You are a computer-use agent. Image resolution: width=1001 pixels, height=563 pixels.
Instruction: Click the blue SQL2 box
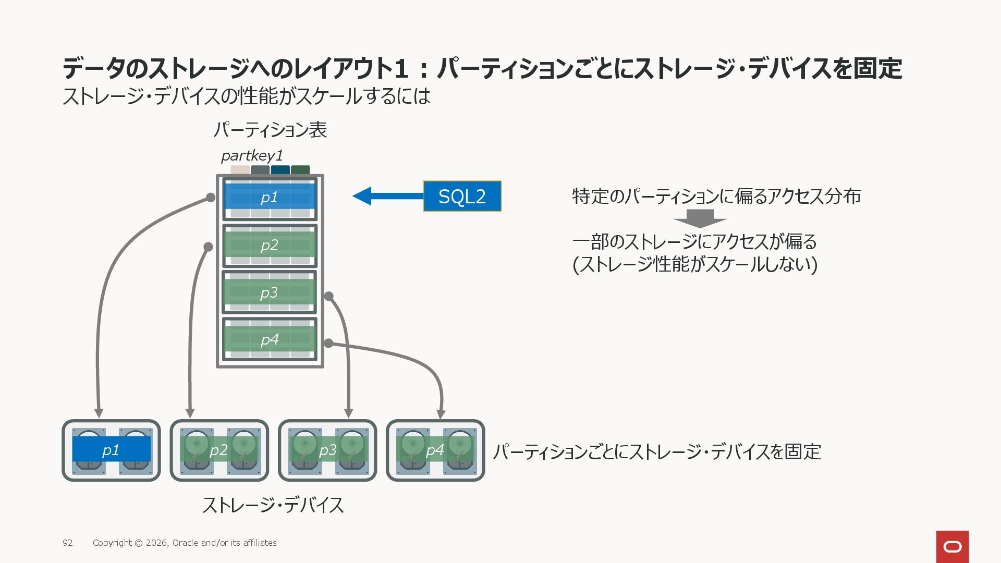(462, 196)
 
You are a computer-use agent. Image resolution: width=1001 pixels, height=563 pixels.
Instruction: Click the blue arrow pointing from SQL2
(388, 196)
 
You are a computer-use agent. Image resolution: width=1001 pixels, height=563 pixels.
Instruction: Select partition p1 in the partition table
(270, 199)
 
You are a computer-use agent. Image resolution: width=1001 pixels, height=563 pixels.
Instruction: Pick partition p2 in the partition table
(270, 246)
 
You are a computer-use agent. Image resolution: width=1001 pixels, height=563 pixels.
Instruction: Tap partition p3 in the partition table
(270, 292)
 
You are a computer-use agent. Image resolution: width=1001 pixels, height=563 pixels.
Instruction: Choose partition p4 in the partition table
(270, 339)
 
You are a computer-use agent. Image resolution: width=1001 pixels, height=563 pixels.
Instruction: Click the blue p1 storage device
(111, 450)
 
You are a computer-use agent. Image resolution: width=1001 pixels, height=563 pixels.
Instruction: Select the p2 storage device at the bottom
(219, 450)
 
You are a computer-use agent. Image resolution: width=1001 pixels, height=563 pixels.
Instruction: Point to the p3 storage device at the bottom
(327, 450)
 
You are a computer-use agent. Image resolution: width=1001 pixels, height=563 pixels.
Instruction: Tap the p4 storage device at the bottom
(435, 450)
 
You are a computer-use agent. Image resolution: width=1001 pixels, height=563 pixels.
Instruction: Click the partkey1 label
(252, 155)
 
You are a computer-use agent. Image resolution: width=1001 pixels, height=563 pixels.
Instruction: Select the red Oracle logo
(953, 547)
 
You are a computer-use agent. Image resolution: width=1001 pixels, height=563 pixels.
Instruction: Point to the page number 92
(68, 543)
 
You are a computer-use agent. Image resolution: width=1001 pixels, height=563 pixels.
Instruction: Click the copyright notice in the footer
(185, 543)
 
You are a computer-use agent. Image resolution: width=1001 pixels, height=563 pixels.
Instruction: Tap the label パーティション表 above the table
(270, 130)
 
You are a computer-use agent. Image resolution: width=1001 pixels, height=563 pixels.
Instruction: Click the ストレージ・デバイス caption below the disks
(273, 505)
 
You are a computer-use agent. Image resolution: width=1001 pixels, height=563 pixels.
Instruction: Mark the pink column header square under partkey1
(240, 170)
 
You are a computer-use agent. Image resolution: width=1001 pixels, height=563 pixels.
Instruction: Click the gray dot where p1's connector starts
(210, 198)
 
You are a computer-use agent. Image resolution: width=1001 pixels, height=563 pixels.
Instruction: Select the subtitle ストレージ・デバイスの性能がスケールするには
(246, 96)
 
